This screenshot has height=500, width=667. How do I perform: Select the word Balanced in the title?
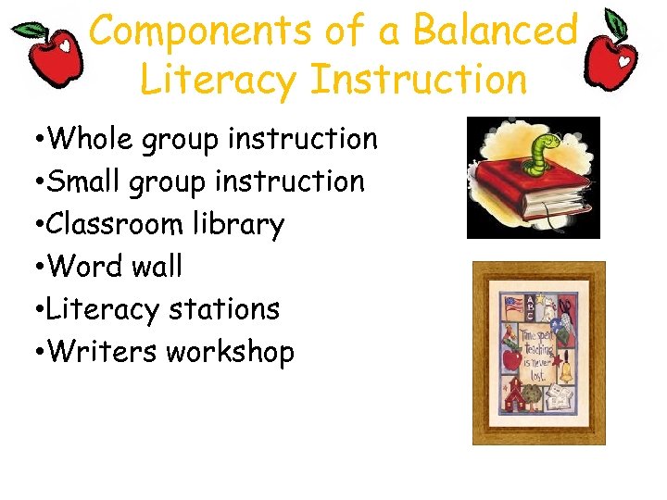495,31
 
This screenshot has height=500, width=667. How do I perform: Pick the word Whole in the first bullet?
92,139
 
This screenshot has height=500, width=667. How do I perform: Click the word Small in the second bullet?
88,181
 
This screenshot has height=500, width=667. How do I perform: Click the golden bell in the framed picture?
565,371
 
